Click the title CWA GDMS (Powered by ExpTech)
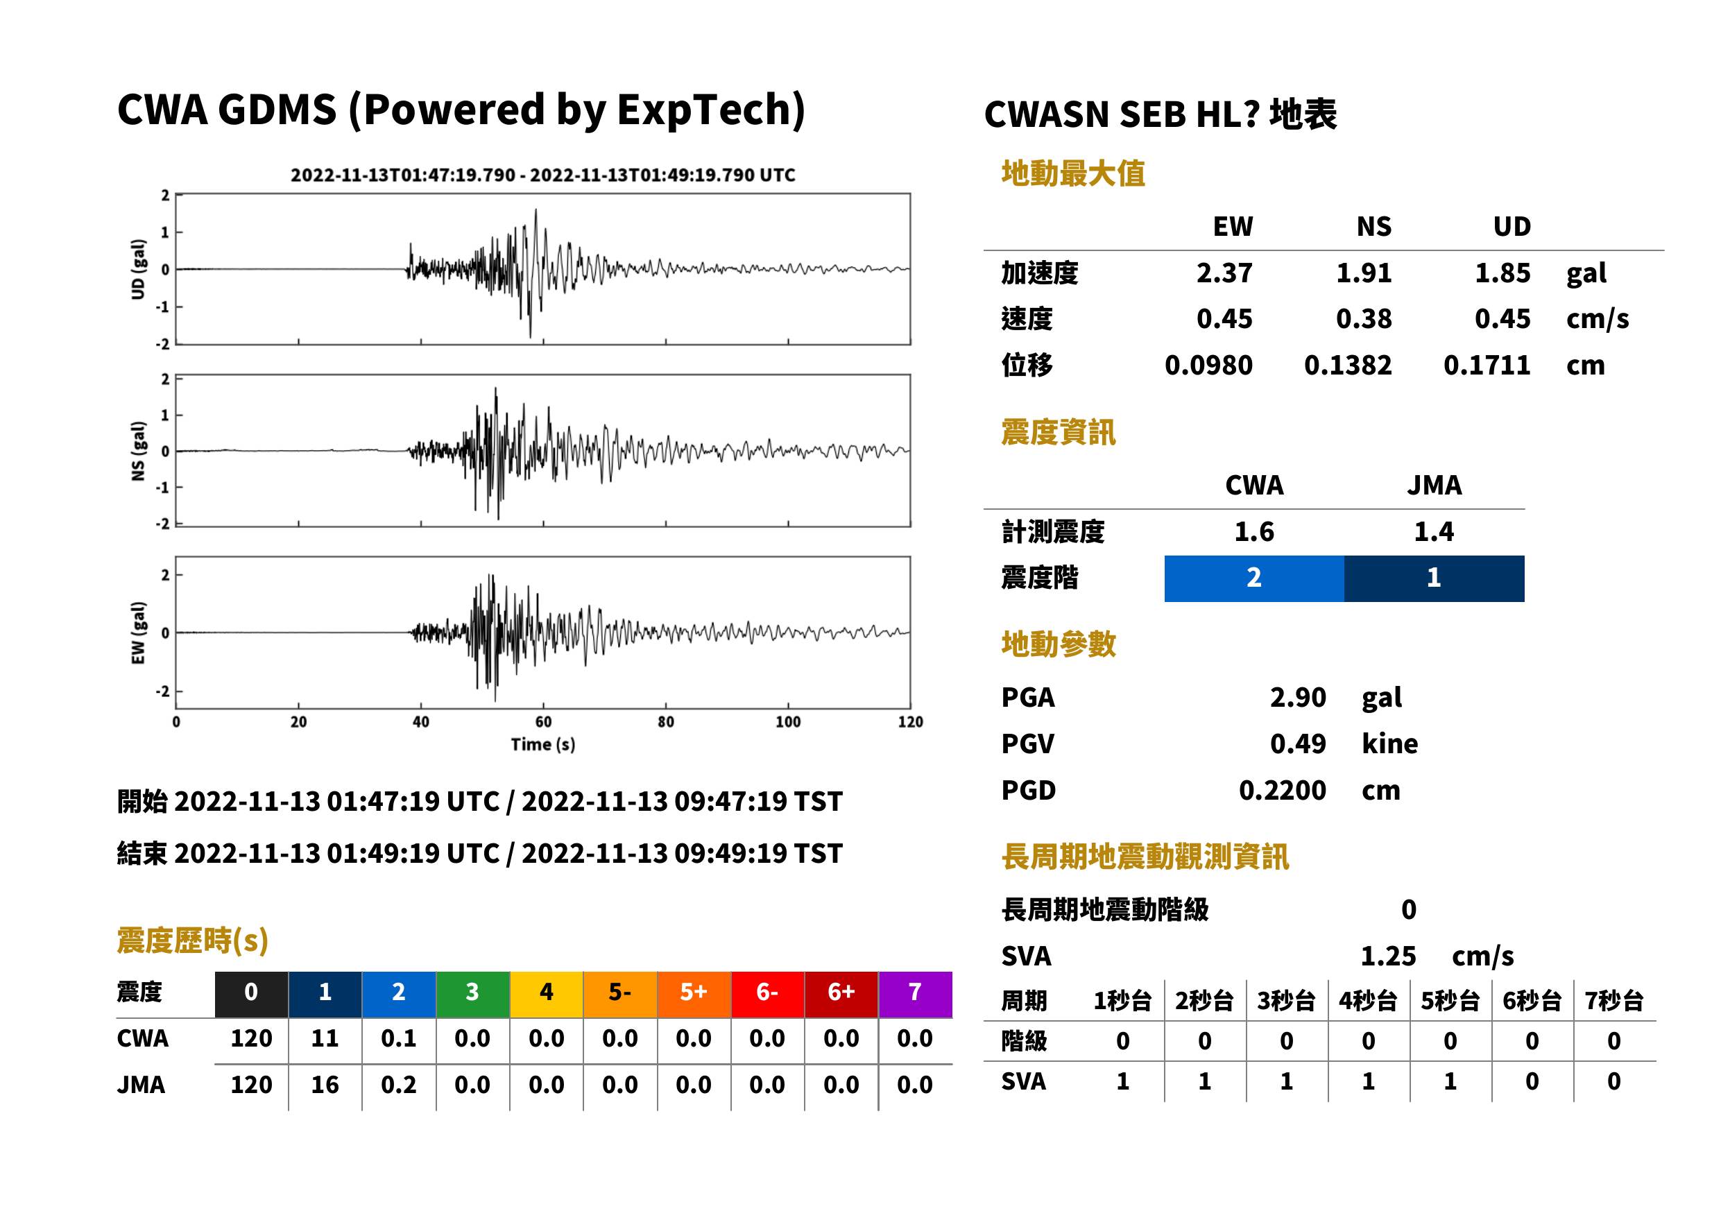point(461,110)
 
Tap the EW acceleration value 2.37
point(1224,273)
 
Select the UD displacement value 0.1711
point(1487,365)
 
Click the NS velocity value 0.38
point(1363,318)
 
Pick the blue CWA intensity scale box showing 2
point(1254,578)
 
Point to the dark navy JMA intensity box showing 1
point(1435,578)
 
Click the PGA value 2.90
point(1297,697)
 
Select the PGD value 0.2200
point(1282,790)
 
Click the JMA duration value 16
point(325,1085)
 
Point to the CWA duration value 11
point(325,1038)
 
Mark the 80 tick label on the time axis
point(665,721)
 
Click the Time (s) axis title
point(542,744)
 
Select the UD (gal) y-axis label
point(138,269)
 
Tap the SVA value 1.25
point(1388,956)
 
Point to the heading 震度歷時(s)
point(193,940)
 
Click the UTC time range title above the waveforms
point(542,175)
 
